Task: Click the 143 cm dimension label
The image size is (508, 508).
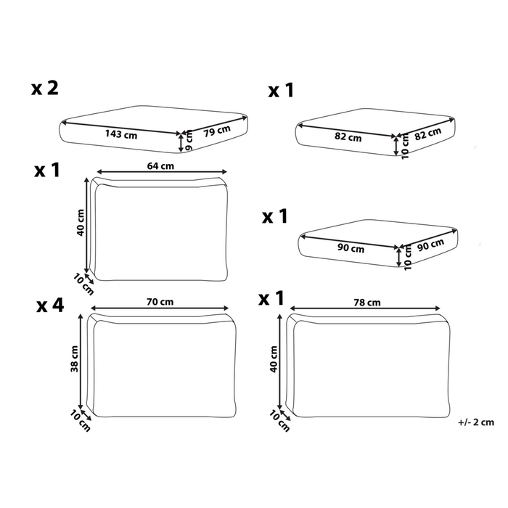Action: [x=121, y=134]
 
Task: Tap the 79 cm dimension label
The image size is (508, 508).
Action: [x=217, y=131]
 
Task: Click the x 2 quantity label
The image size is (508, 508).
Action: [x=45, y=88]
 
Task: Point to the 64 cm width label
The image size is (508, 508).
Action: [x=160, y=166]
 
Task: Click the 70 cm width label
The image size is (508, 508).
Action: [x=160, y=302]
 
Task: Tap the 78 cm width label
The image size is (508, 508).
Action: [x=367, y=303]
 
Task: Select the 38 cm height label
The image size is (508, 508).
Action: [x=75, y=359]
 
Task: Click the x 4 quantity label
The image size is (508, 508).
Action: [x=50, y=306]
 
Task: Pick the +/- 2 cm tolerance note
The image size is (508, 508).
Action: [x=476, y=422]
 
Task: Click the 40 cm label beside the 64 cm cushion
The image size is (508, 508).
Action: [x=81, y=222]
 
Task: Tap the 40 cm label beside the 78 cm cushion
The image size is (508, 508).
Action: [x=274, y=359]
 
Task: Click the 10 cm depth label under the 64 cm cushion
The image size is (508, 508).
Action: [x=83, y=284]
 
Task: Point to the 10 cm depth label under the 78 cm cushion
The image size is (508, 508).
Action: [x=279, y=421]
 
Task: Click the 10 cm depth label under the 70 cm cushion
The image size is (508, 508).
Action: [x=80, y=420]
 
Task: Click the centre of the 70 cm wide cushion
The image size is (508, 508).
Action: [x=162, y=366]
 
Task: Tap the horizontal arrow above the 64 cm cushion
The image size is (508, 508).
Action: [x=162, y=172]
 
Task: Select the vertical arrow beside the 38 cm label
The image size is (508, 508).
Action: [x=81, y=361]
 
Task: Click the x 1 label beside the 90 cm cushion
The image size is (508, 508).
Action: [x=275, y=216]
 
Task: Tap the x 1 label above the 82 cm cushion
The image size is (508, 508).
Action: [x=281, y=91]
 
